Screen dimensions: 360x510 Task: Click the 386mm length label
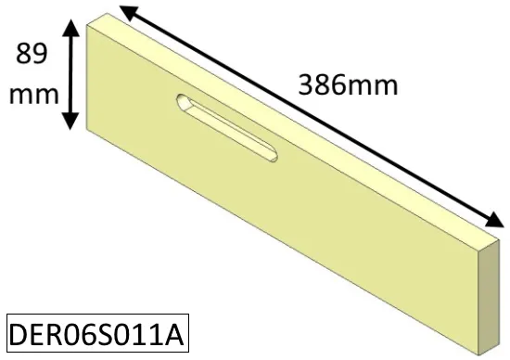tap(348, 85)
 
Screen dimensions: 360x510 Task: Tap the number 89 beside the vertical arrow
tap(32, 54)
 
